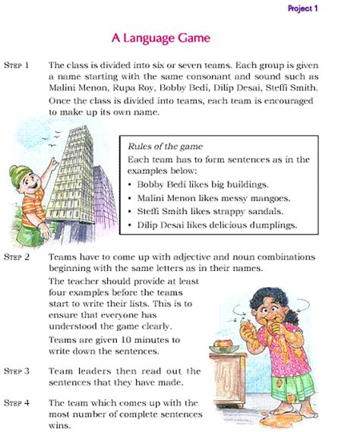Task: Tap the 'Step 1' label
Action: tap(17, 65)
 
